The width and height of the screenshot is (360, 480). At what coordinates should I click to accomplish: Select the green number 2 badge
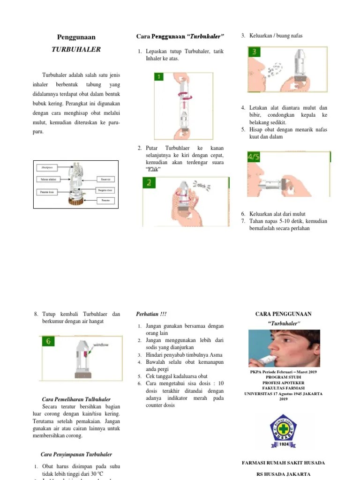point(150,183)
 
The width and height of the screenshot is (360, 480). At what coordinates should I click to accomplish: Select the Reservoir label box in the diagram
point(104,179)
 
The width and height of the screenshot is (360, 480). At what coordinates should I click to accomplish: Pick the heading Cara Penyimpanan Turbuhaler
point(76,454)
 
